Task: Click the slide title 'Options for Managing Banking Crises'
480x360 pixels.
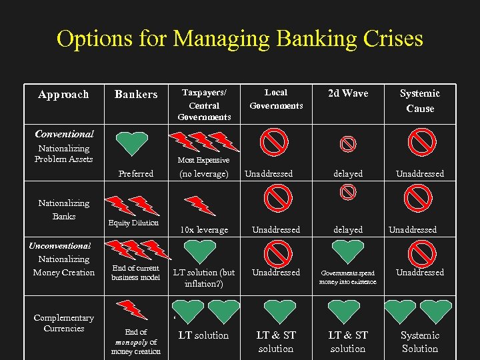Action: pyautogui.click(x=240, y=39)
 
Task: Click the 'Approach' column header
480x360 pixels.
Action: pyautogui.click(x=63, y=95)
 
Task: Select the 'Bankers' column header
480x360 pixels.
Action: pyautogui.click(x=136, y=95)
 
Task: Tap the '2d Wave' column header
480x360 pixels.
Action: pyautogui.click(x=348, y=93)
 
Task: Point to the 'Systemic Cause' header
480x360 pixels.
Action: pyautogui.click(x=420, y=101)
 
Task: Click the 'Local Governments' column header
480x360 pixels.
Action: pyautogui.click(x=276, y=99)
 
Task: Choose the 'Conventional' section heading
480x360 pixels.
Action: pyautogui.click(x=65, y=134)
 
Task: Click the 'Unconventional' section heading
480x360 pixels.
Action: pyautogui.click(x=60, y=245)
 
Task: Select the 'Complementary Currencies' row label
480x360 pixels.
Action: pyautogui.click(x=64, y=323)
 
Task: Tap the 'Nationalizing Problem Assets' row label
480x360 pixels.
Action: pyautogui.click(x=64, y=154)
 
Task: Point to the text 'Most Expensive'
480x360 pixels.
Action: pyautogui.click(x=203, y=160)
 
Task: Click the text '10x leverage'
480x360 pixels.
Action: pyautogui.click(x=203, y=230)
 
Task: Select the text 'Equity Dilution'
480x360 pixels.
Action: pyautogui.click(x=133, y=223)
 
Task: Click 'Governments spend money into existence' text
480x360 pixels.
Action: pyautogui.click(x=348, y=277)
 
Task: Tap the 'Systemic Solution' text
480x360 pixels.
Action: pyautogui.click(x=420, y=342)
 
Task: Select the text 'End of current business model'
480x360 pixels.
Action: pyautogui.click(x=136, y=273)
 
